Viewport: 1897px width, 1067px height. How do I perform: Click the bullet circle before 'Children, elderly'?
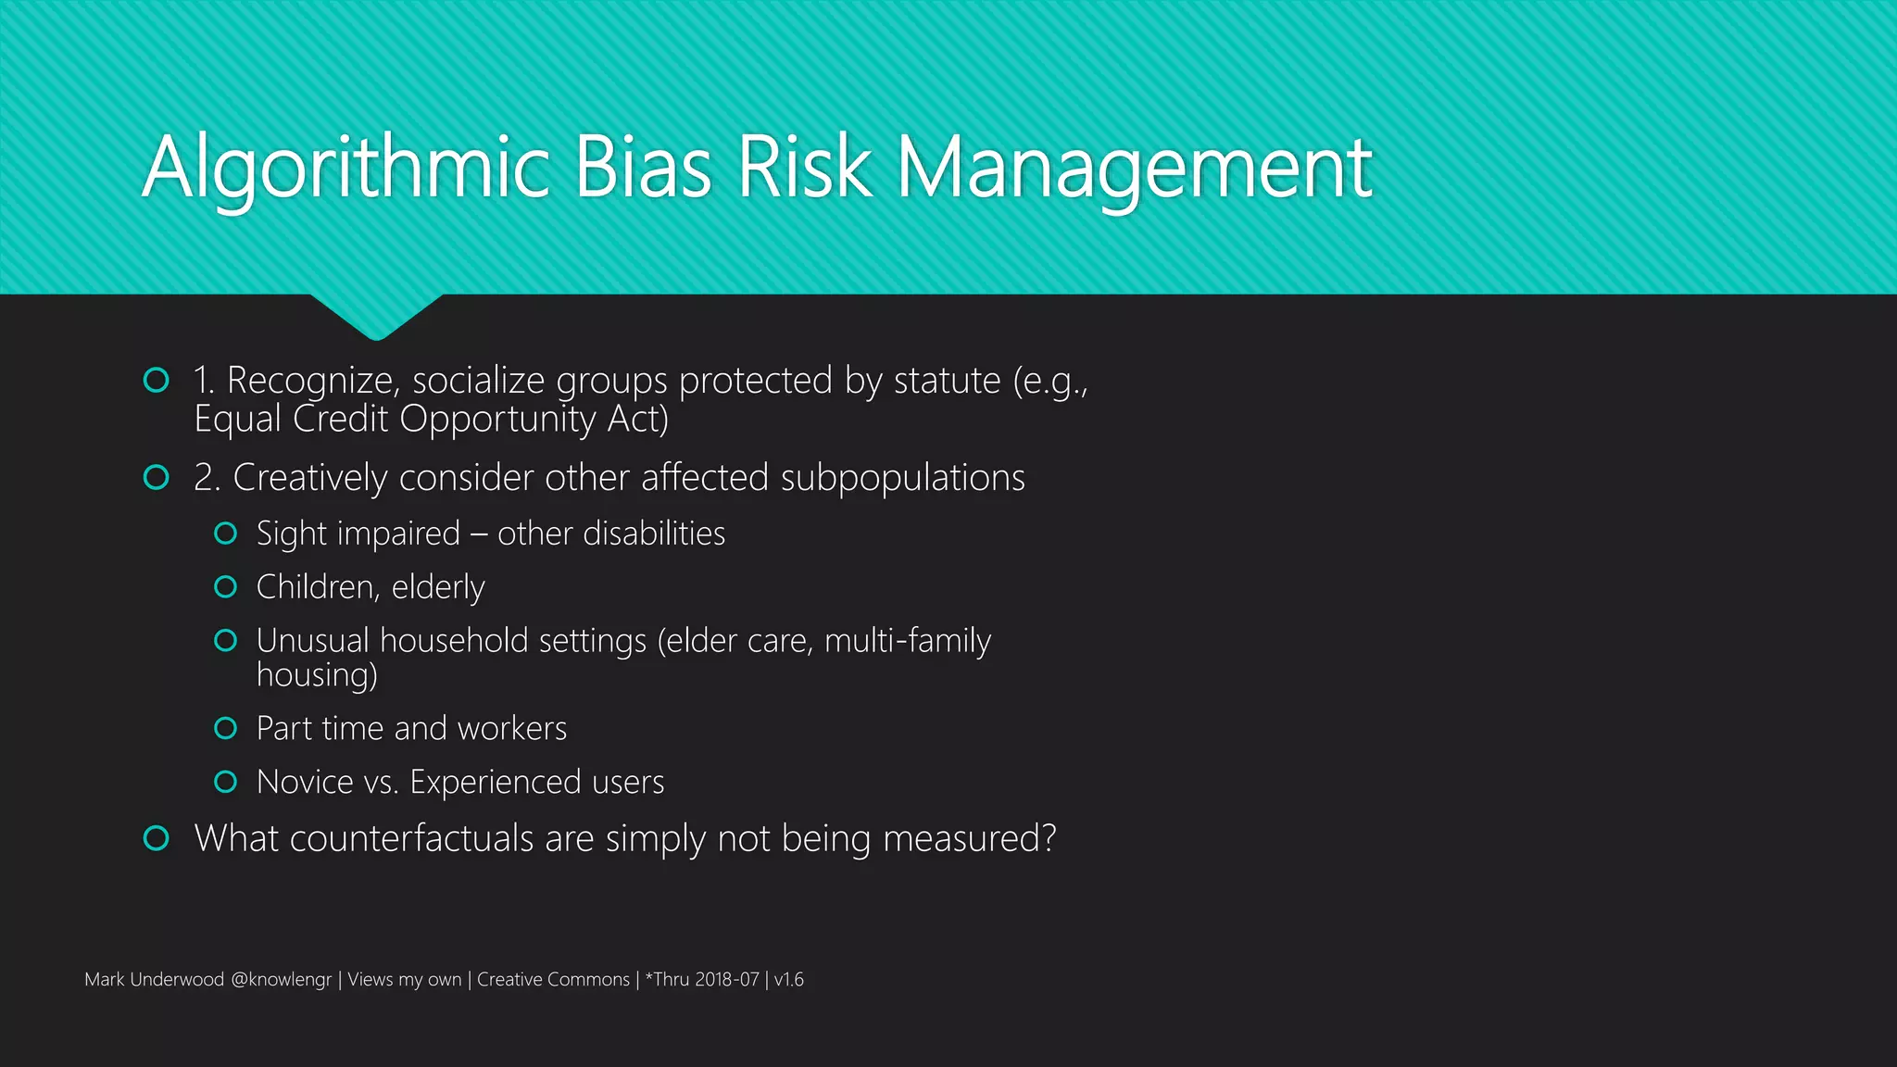click(225, 586)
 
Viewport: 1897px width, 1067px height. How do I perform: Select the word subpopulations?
click(902, 478)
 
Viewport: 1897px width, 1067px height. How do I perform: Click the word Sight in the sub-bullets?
click(292, 533)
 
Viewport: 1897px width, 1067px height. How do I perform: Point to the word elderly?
click(438, 587)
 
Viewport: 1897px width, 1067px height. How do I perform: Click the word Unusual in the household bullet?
click(312, 641)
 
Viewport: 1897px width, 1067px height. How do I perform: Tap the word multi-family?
click(908, 641)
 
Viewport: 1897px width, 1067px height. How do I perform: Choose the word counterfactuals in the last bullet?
click(411, 838)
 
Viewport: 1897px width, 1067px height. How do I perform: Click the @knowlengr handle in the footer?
click(281, 979)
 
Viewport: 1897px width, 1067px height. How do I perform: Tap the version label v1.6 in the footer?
click(789, 979)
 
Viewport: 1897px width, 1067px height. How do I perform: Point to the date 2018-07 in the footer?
click(727, 979)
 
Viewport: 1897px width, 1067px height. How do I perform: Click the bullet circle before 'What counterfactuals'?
click(157, 838)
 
